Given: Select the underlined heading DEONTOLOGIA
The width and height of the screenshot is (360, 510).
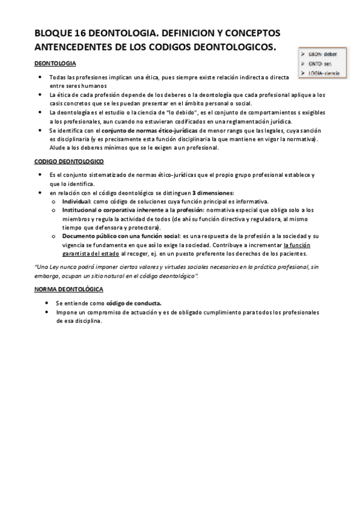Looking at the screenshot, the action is click(55, 63).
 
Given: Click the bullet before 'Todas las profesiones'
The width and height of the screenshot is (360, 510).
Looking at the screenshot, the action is click(40, 78).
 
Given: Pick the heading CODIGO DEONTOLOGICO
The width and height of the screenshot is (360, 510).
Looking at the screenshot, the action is click(69, 162).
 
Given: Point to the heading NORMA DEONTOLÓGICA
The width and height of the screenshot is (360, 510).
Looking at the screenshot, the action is click(69, 289).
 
